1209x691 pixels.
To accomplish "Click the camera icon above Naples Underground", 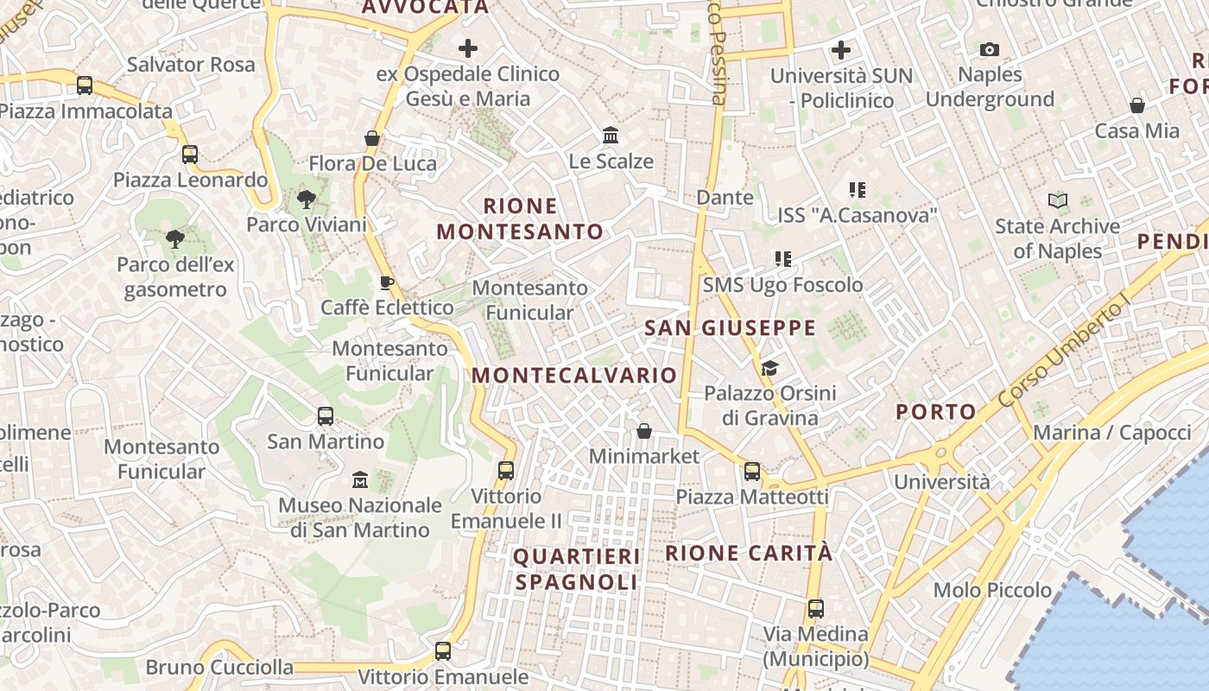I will point(990,50).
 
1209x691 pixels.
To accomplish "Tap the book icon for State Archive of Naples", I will point(1057,201).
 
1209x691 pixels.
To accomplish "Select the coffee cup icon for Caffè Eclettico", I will point(387,282).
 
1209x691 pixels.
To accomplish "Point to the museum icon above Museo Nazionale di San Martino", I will point(360,479).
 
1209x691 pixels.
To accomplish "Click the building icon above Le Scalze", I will point(611,136).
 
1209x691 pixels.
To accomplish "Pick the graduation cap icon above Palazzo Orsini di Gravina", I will point(769,369).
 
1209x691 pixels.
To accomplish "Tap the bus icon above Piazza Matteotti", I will point(752,472).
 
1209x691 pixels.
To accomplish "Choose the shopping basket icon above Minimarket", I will point(643,431).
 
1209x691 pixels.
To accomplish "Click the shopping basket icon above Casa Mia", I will point(1137,106).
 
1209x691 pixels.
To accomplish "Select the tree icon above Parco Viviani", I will point(306,200).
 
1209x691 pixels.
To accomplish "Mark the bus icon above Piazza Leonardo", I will point(190,155).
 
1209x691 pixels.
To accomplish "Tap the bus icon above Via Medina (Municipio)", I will point(816,609).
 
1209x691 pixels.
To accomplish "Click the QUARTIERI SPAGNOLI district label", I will point(577,569).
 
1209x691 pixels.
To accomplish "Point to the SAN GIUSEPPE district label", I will point(731,328).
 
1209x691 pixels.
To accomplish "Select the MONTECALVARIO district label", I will point(574,375).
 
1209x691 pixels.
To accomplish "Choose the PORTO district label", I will point(936,412).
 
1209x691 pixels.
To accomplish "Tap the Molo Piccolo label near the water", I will point(992,591).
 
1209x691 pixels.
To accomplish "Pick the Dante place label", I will point(725,198).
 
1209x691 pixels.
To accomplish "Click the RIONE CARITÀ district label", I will point(749,553).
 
